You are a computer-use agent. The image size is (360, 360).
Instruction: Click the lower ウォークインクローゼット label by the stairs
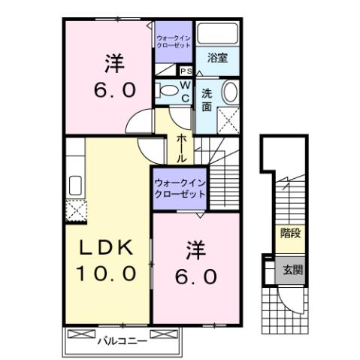point(180,188)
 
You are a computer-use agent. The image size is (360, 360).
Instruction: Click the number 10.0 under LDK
point(107,272)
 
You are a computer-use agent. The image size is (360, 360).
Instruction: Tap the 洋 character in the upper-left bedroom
point(114,65)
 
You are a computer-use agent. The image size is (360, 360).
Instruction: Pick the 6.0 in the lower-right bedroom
point(198,276)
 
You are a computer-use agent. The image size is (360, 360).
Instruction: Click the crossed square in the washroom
point(228,118)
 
